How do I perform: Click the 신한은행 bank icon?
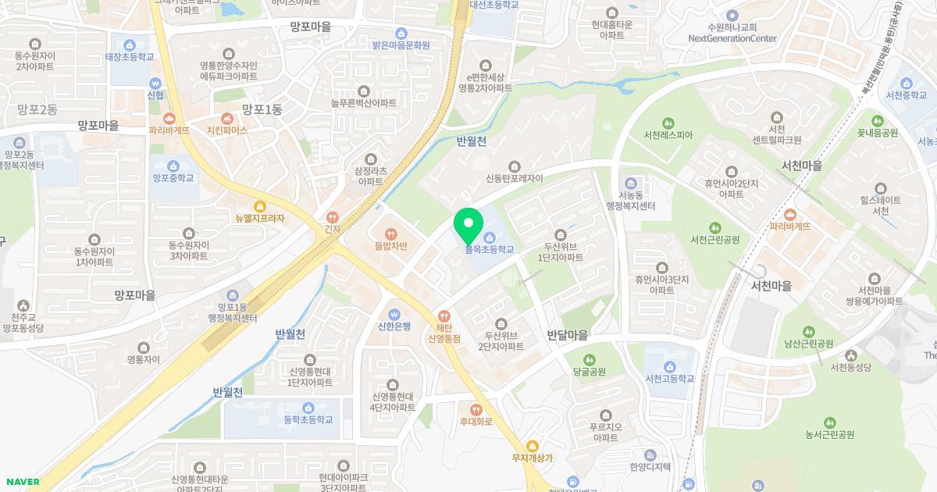pyautogui.click(x=394, y=314)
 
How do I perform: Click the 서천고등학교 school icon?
pyautogui.click(x=670, y=365)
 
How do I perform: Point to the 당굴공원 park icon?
pyautogui.click(x=590, y=359)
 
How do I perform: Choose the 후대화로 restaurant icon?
pyautogui.click(x=476, y=408)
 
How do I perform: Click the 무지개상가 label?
pyautogui.click(x=533, y=458)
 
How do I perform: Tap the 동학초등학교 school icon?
pyautogui.click(x=308, y=407)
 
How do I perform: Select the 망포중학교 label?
pyautogui.click(x=173, y=178)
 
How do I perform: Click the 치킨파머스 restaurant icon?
pyautogui.click(x=226, y=117)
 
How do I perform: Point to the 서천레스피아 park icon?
pyautogui.click(x=668, y=123)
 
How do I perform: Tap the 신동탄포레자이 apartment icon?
pyautogui.click(x=515, y=166)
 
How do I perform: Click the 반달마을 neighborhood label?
pyautogui.click(x=568, y=334)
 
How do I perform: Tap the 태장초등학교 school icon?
pyautogui.click(x=130, y=45)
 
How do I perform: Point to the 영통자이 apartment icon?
pyautogui.click(x=143, y=348)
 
